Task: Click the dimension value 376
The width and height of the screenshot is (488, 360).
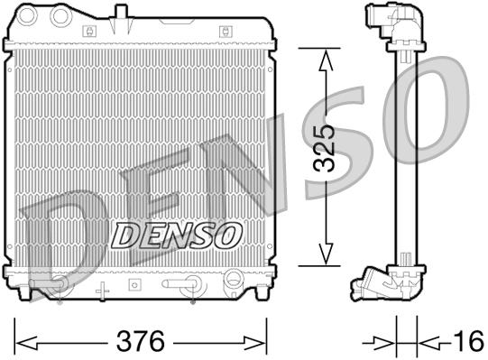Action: [x=141, y=342]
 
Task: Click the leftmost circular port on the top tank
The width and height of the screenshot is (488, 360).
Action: [x=32, y=16]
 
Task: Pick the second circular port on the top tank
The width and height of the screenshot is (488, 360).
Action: [x=62, y=16]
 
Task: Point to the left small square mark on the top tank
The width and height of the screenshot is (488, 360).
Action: [x=88, y=31]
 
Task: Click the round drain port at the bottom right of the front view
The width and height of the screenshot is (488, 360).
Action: [x=233, y=280]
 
